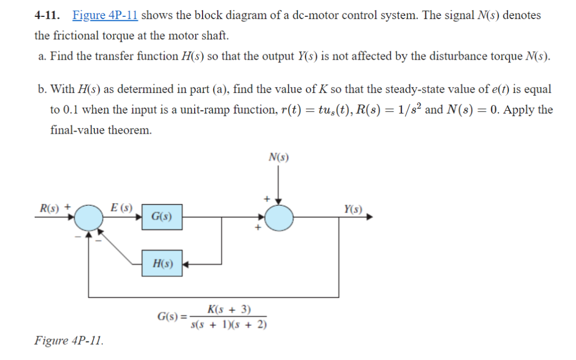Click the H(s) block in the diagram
coord(161,263)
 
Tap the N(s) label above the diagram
coord(278,158)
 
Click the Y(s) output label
coord(353,209)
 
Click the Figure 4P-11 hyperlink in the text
coord(105,15)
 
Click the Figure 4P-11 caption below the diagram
coord(69,341)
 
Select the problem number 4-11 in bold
coord(47,15)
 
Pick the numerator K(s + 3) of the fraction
coord(229,309)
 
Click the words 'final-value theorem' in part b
coord(101,130)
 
